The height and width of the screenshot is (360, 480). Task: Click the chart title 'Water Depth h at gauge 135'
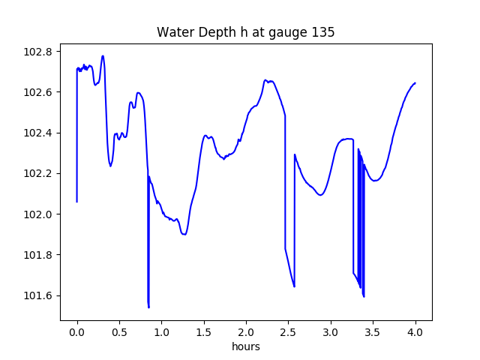[x=245, y=32]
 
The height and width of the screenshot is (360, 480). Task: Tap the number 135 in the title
[x=323, y=32]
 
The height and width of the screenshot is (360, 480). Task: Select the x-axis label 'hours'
[x=246, y=346]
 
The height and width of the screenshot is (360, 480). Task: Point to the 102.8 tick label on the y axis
[x=38, y=52]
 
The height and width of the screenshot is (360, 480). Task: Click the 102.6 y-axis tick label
[x=38, y=92]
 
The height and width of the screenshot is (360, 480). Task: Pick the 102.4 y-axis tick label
[x=38, y=133]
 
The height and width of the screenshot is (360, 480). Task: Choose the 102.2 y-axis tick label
[x=38, y=173]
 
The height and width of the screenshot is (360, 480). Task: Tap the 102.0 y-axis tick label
[x=38, y=214]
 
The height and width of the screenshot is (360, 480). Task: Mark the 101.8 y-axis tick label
[x=38, y=255]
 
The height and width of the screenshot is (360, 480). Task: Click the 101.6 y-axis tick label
[x=38, y=295]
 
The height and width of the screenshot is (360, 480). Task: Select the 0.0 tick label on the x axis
[x=77, y=332]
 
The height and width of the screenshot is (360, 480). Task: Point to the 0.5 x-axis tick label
[x=119, y=332]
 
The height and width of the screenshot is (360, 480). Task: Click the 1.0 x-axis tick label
[x=162, y=332]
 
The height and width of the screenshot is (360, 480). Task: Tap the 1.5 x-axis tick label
[x=204, y=332]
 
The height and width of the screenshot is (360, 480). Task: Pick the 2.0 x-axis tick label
[x=246, y=332]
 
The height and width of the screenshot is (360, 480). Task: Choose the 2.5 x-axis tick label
[x=288, y=332]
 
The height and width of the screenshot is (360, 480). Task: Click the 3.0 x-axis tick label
[x=331, y=332]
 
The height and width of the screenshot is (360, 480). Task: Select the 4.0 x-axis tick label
[x=415, y=332]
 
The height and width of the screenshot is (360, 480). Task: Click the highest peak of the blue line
[x=103, y=56]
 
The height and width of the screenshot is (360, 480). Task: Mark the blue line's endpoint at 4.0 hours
[x=415, y=83]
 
